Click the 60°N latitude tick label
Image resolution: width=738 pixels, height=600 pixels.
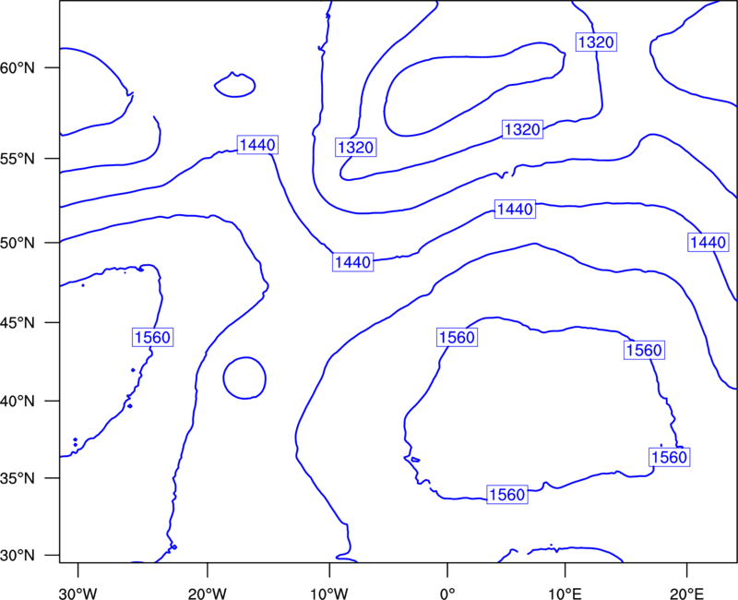pos(18,67)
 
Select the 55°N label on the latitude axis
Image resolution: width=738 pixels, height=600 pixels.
pos(18,159)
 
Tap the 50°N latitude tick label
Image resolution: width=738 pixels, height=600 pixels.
pos(18,243)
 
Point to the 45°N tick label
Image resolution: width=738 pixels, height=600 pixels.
pos(18,323)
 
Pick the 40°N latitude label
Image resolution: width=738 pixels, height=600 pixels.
pos(18,402)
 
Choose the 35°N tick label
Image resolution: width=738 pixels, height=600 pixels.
pos(18,478)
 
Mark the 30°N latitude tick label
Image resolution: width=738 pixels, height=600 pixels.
pos(18,556)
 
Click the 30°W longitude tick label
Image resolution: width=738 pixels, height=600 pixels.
pos(78,594)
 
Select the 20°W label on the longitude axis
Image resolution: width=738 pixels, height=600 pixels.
pos(208,594)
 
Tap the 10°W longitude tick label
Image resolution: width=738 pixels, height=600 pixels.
pos(329,594)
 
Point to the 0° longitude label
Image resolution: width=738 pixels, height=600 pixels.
pos(447,594)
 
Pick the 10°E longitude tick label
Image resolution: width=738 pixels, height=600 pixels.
pos(565,594)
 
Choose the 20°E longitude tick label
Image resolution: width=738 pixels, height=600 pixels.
pos(686,594)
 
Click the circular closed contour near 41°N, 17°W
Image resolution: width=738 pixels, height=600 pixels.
pos(223,378)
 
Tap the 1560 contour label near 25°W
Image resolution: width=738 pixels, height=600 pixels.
pos(152,337)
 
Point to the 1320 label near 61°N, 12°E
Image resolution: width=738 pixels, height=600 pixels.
pos(596,42)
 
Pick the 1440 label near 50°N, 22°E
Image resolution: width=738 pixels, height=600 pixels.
pos(708,242)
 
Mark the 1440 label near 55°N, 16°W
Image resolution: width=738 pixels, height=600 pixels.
pos(257,145)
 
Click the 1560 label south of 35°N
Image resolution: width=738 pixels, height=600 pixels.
pos(506,495)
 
